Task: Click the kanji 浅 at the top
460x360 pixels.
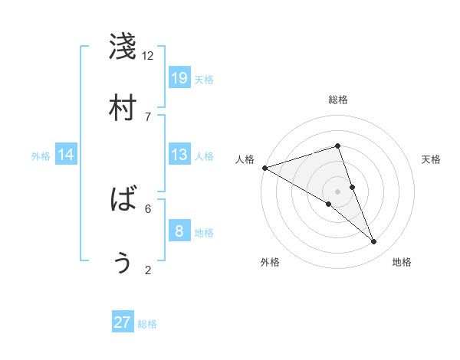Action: pos(123,47)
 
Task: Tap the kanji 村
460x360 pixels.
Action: pos(123,108)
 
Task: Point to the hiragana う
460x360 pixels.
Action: pos(123,262)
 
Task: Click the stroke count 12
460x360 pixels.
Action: pos(147,56)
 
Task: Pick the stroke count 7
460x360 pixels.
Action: pos(147,116)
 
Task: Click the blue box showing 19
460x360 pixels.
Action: pos(179,78)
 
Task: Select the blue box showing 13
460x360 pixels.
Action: pos(179,155)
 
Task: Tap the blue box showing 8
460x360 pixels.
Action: pos(179,231)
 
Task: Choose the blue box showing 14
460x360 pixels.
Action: pos(66,155)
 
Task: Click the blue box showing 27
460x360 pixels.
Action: pos(123,322)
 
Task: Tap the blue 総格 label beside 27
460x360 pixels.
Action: pos(147,324)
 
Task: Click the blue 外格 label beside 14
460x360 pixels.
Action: pos(41,156)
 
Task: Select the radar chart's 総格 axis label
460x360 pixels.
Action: pos(337,100)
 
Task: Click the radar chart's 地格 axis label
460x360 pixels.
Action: pos(402,262)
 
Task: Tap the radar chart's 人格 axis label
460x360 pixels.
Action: pos(245,159)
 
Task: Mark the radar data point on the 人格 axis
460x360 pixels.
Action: pos(264,168)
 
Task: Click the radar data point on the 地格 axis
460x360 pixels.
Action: pos(374,242)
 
